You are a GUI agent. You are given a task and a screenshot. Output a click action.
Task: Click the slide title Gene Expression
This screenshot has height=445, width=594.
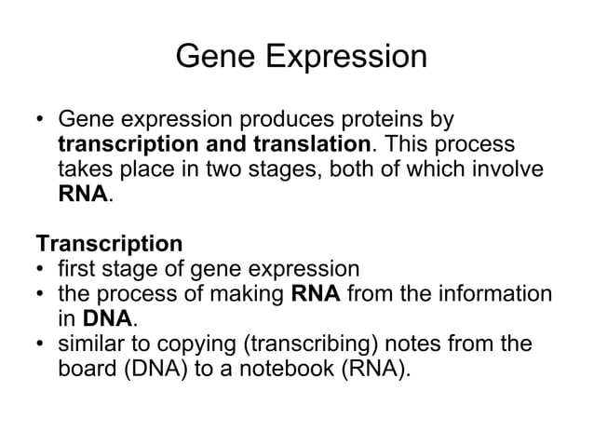click(301, 57)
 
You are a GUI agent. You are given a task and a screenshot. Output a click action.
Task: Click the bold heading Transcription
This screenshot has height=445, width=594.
click(109, 245)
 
